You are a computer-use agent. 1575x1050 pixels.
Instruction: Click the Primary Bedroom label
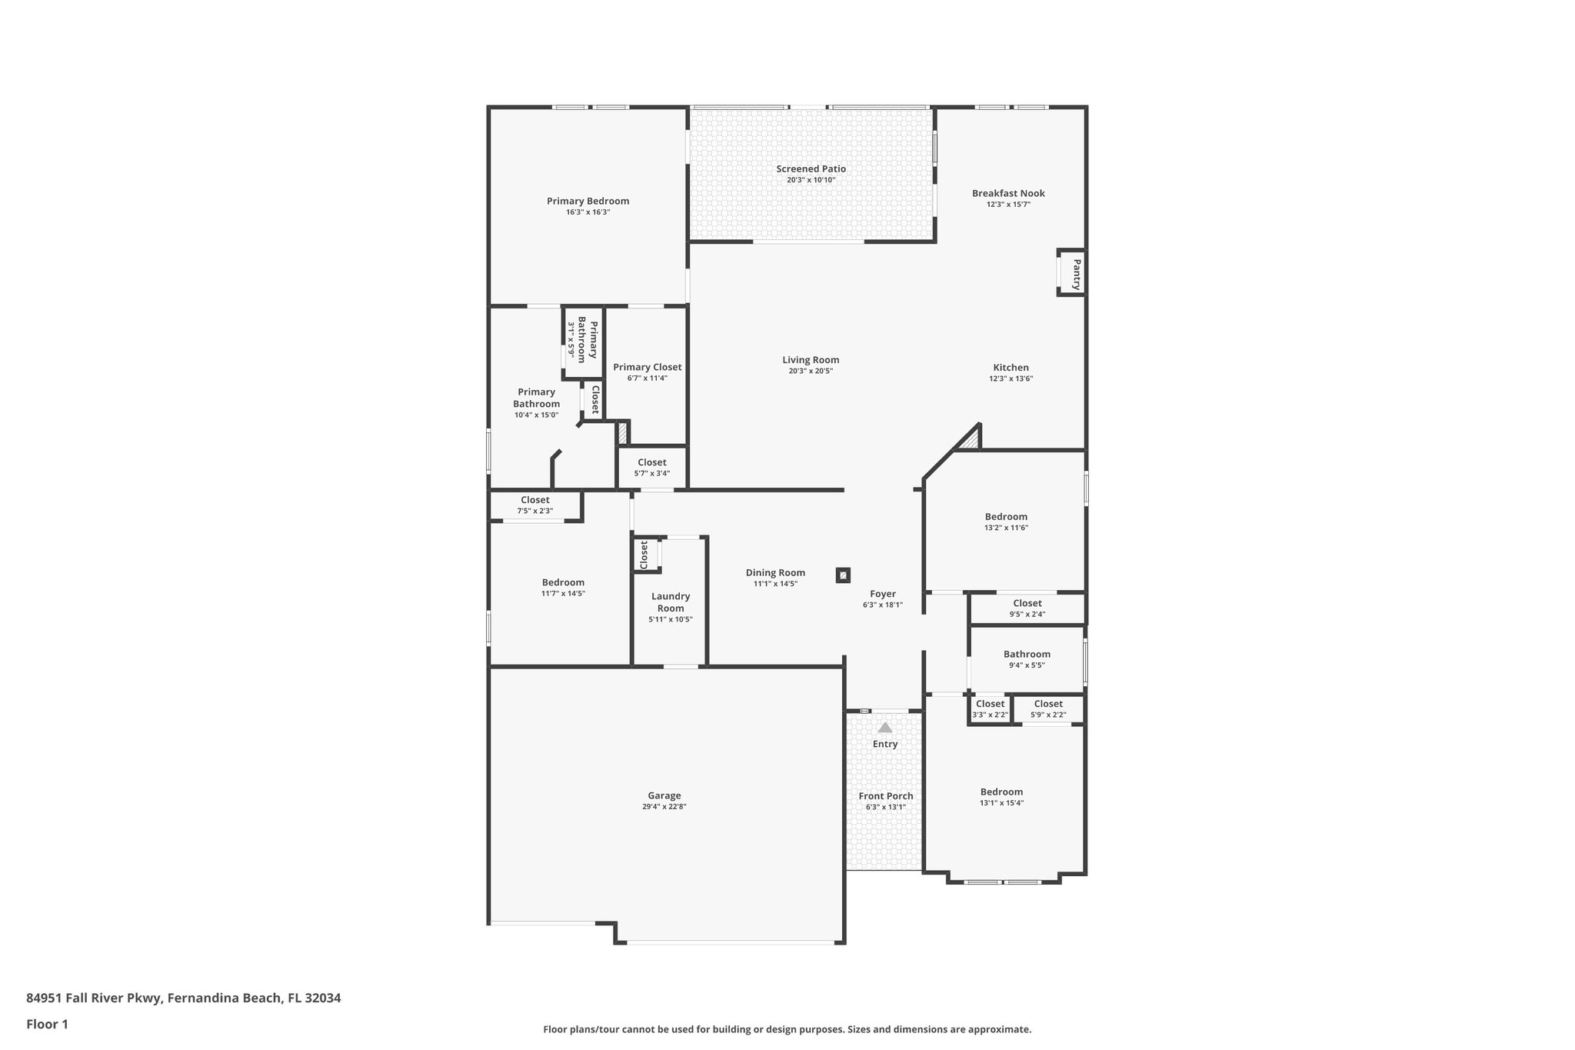588,201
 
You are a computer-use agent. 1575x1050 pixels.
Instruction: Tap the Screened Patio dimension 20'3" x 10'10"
811,180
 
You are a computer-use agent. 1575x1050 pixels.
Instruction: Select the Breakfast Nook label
1008,193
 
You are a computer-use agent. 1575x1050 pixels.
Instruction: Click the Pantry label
1077,273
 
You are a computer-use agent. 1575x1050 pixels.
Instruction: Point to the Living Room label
811,359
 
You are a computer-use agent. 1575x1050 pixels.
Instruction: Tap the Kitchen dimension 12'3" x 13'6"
1011,378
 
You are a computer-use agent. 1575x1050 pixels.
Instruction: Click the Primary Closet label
647,367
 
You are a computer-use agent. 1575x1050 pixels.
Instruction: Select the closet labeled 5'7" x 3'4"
651,468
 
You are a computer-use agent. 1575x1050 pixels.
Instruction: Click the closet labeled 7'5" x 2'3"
534,505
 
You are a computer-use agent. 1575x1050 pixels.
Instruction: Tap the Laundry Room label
670,602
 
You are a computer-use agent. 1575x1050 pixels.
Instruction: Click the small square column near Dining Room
843,575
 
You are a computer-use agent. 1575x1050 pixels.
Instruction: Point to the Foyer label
882,594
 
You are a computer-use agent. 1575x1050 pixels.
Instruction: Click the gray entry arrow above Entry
885,727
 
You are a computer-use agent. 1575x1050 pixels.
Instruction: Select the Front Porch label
885,796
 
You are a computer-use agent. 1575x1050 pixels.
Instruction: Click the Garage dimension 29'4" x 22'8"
664,807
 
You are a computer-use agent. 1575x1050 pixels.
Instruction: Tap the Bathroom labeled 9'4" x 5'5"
1026,659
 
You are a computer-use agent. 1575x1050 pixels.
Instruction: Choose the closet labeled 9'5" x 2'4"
1027,608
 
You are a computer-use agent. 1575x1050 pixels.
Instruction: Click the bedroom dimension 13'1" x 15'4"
1001,803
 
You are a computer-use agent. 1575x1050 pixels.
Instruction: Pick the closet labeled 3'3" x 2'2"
989,709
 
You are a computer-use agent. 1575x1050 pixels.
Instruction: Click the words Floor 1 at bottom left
47,1024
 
